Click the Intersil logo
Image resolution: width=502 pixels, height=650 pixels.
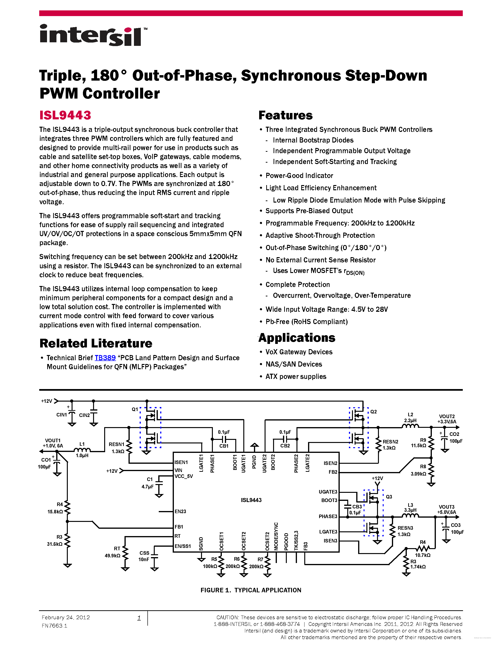tap(93, 35)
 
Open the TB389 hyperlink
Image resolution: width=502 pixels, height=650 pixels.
tap(105, 358)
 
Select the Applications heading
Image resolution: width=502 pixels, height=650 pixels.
tap(297, 338)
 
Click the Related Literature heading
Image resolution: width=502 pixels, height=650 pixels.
tap(96, 343)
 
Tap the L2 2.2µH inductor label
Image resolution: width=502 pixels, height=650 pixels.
tap(410, 418)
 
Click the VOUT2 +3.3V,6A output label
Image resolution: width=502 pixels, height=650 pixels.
tap(447, 419)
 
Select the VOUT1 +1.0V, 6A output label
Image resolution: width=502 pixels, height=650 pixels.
tap(53, 443)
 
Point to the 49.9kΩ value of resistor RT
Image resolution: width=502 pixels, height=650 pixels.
tap(112, 556)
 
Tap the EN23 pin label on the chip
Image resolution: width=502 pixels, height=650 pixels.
tap(180, 511)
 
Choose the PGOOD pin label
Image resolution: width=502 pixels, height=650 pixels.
tap(286, 542)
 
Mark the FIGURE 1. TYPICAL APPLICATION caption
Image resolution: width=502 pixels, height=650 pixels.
tap(251, 590)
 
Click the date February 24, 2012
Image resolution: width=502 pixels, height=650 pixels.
tap(66, 618)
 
